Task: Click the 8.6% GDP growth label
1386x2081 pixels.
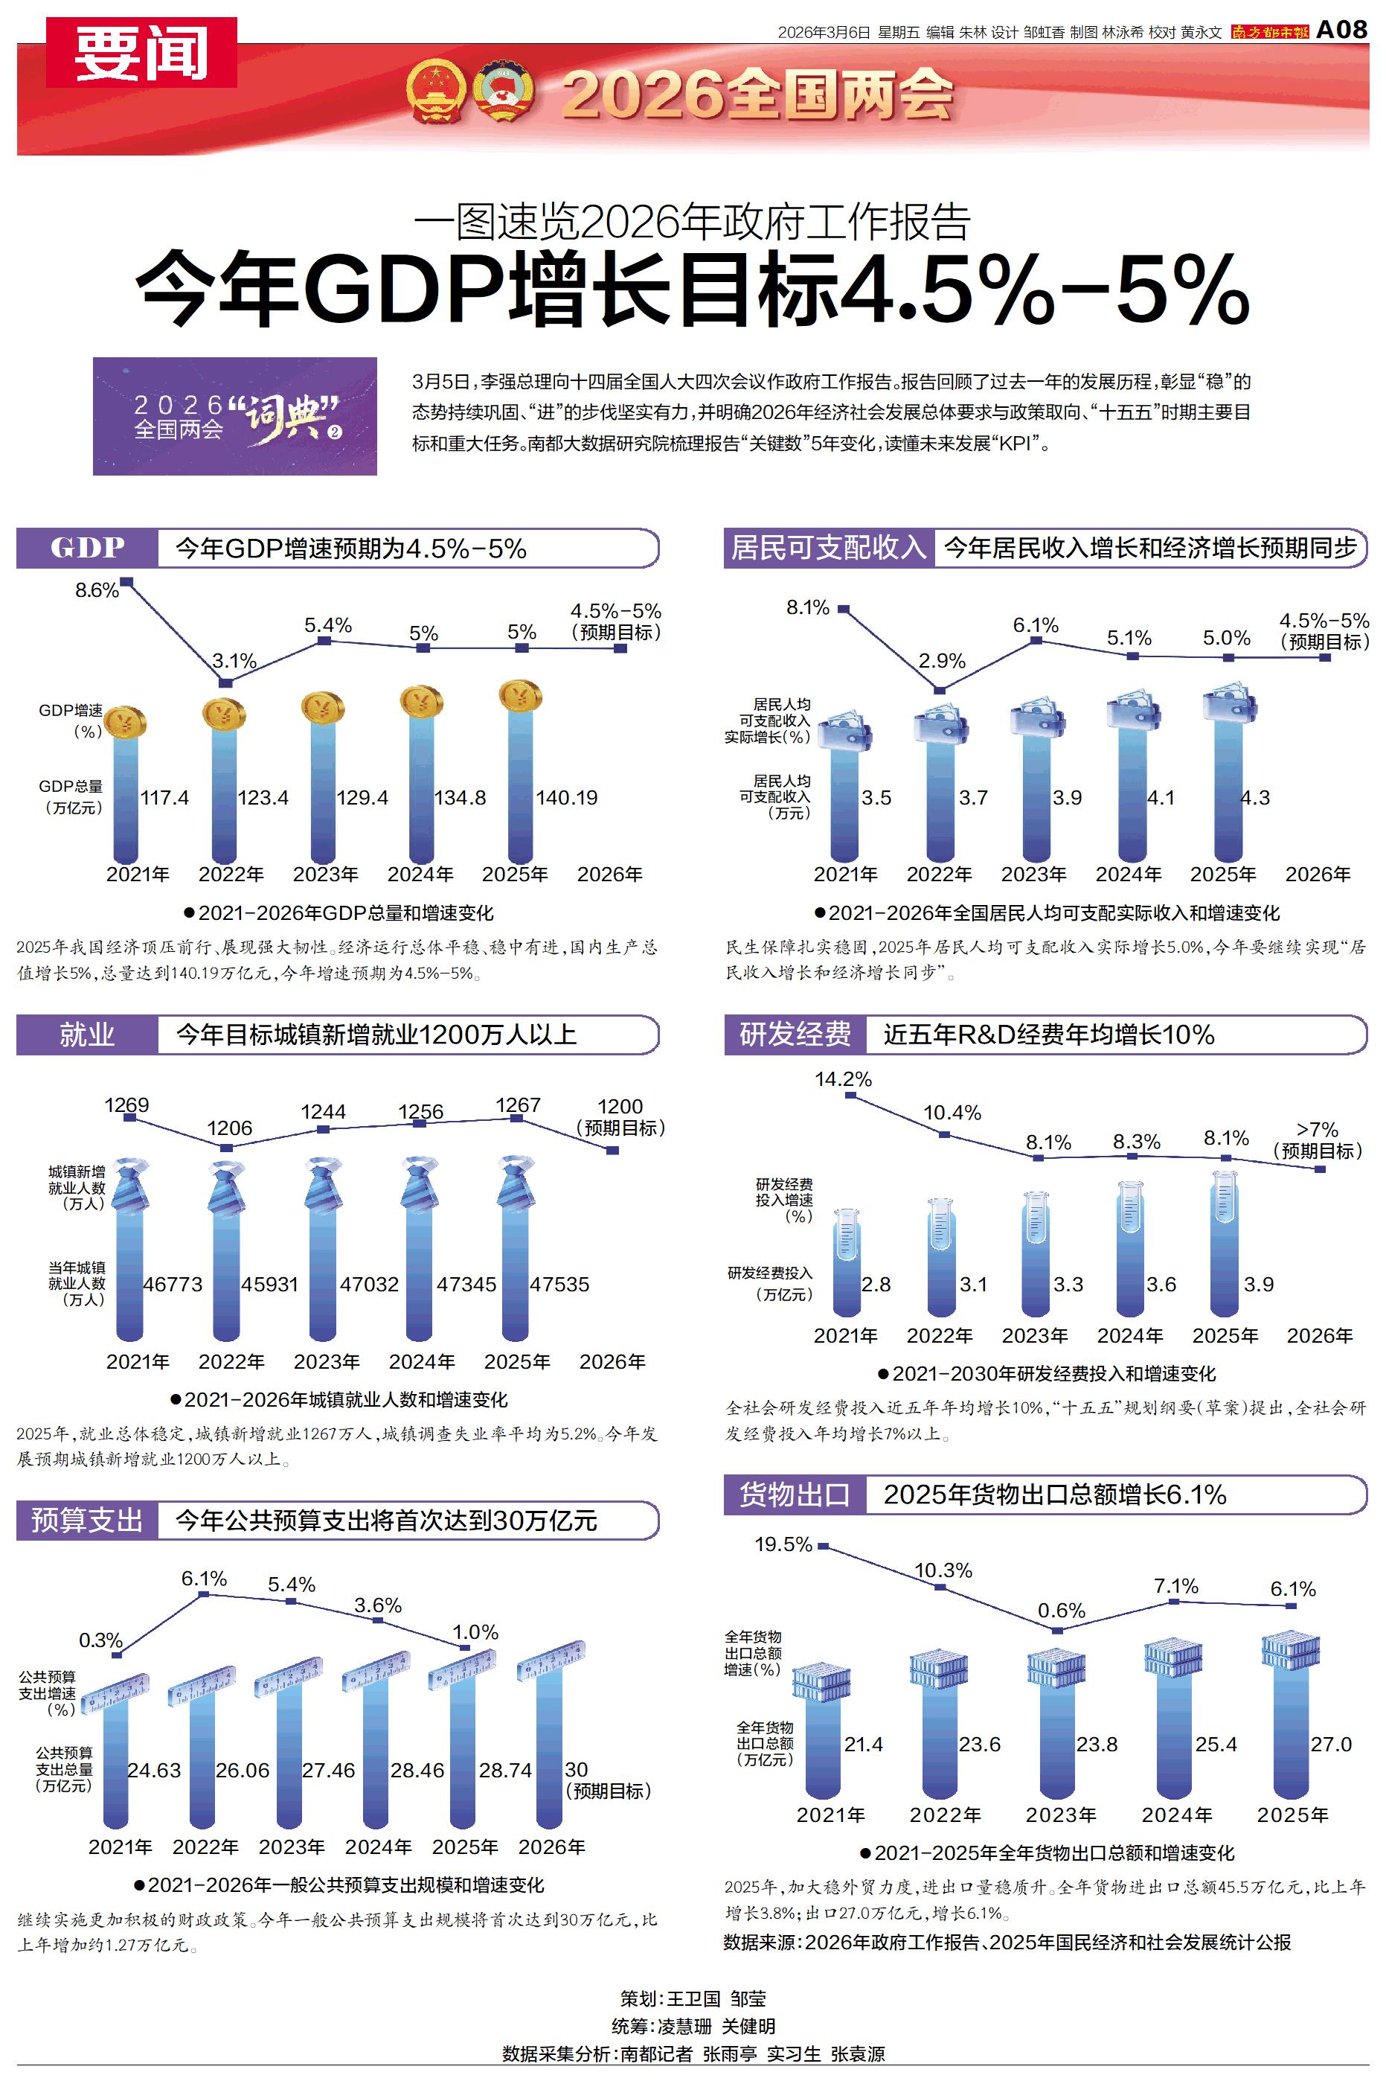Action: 97,590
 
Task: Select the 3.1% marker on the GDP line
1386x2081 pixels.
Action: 225,683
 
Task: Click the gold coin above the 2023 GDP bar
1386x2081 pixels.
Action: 323,707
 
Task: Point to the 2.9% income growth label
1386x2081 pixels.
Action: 941,661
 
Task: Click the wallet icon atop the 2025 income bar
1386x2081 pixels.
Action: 1229,703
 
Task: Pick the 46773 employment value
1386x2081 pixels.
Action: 173,1285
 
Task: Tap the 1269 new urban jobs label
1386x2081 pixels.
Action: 126,1105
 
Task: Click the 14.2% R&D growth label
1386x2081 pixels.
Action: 842,1079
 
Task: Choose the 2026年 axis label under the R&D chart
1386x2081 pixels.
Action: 1319,1336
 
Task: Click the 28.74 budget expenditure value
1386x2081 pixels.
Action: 504,1771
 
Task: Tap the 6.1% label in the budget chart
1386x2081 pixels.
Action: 204,1579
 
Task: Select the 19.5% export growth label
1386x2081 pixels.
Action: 783,1544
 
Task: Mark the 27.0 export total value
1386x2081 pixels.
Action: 1330,1744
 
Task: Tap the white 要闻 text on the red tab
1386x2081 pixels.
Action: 141,53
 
